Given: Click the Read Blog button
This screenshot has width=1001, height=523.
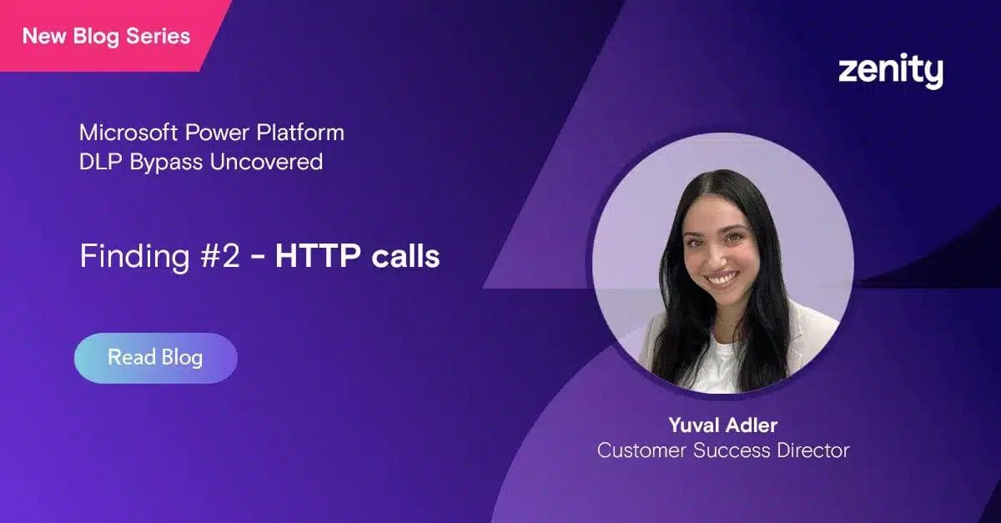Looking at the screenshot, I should tap(155, 358).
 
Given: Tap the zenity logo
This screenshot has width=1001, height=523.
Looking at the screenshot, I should tap(890, 72).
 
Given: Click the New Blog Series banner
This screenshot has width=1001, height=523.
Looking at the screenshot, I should tap(106, 36).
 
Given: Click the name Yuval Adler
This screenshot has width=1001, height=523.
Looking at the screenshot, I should tap(722, 425).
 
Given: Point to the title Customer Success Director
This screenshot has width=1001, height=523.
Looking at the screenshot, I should tap(722, 451).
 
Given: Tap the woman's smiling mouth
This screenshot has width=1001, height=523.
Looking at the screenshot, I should tap(722, 278).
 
